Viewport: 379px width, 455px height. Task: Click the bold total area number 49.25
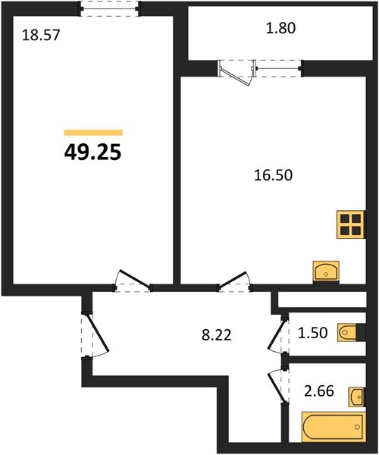[x=92, y=152]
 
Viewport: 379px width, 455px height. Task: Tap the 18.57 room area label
[x=41, y=35]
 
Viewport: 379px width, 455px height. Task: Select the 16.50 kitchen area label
[x=273, y=175]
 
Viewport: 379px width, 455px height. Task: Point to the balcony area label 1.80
[x=280, y=29]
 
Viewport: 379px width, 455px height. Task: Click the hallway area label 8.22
[x=217, y=335]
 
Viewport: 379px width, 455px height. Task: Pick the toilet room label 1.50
[x=313, y=333]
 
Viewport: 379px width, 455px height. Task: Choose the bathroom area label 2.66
[x=319, y=391]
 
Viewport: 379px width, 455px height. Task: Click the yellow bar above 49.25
[x=93, y=133]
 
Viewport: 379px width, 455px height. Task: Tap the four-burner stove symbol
[x=351, y=224]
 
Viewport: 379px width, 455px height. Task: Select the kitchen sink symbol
[x=326, y=272]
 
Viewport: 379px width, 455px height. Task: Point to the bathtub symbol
[x=334, y=426]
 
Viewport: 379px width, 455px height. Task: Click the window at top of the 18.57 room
[x=110, y=9]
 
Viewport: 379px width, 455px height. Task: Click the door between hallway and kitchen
[x=235, y=281]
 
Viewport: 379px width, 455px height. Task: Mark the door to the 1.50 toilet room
[x=278, y=334]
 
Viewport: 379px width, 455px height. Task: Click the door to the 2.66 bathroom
[x=278, y=386]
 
